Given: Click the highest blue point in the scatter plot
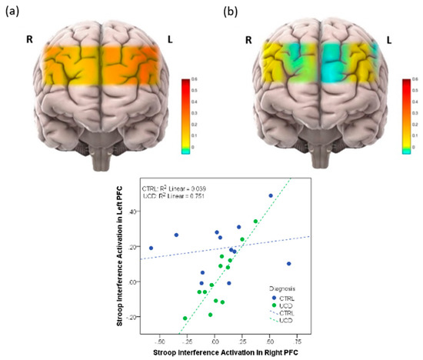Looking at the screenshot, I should (271, 195).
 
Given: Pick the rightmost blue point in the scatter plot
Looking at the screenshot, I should (288, 264).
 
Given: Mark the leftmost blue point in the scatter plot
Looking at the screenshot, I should (151, 248).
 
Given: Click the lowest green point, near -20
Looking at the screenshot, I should (185, 318).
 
